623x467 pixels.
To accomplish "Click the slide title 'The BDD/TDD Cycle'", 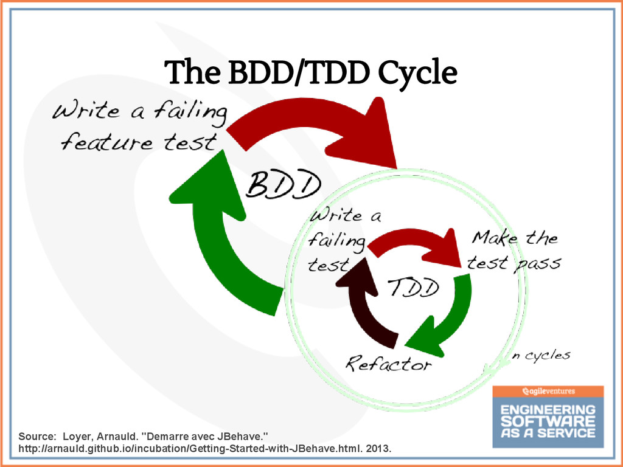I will pyautogui.click(x=311, y=74).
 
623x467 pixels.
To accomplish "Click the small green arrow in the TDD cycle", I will pyautogui.click(x=447, y=322).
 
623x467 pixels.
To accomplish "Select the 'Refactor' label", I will pyautogui.click(x=389, y=364).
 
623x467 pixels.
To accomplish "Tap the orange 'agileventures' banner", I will pyautogui.click(x=548, y=391).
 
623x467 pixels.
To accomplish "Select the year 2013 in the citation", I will pyautogui.click(x=380, y=449).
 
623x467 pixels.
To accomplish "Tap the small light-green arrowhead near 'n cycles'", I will pyautogui.click(x=489, y=368).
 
